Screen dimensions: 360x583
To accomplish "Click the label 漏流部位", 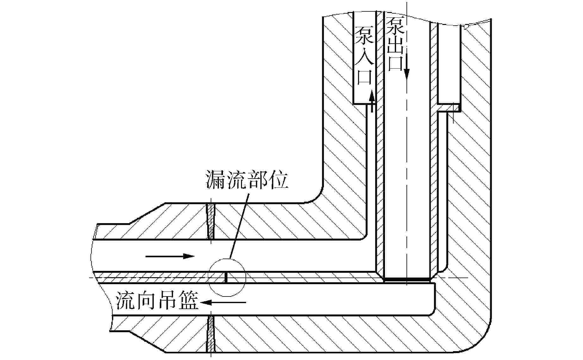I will pyautogui.click(x=247, y=180).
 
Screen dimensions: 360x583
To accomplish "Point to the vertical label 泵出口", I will pyautogui.click(x=395, y=44).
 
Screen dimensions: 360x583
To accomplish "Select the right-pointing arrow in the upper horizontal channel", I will pyautogui.click(x=170, y=256).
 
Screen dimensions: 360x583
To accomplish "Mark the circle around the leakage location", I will pyautogui.click(x=227, y=277).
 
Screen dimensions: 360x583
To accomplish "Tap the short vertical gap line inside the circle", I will pyautogui.click(x=226, y=278).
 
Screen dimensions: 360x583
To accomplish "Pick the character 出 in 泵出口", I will pyautogui.click(x=395, y=44).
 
